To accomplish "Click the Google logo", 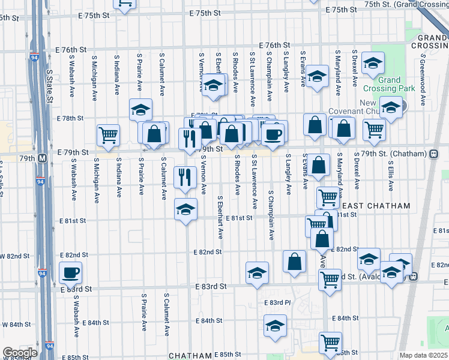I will (20, 353).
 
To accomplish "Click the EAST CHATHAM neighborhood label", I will (376, 206).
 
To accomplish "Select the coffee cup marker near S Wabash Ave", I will (71, 273).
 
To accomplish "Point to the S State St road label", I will (50, 84).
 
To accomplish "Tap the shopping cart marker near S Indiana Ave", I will (108, 134).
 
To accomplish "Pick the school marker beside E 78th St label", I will (140, 110).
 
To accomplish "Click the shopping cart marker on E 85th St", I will (330, 343).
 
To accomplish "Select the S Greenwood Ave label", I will (423, 80).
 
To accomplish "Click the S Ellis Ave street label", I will (390, 175).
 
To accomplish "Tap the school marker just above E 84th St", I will (276, 326).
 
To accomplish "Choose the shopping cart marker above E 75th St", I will (125, 4).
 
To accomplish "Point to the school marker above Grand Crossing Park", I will (373, 62).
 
